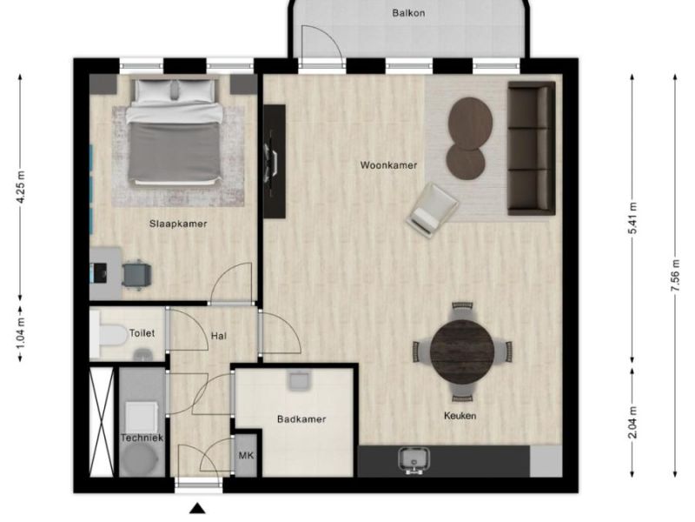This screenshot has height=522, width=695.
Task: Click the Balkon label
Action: [x=408, y=13]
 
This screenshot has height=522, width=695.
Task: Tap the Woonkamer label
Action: [x=388, y=165]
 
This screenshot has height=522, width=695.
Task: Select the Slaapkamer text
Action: [x=178, y=224]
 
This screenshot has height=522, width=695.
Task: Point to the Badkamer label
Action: [x=301, y=419]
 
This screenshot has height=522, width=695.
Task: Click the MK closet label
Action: [x=246, y=456]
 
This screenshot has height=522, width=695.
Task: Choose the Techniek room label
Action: [x=142, y=438]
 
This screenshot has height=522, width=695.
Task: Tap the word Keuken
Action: [x=460, y=416]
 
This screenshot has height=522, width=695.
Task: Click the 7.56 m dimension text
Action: [x=676, y=276]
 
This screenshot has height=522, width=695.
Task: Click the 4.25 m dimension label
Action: [x=20, y=187]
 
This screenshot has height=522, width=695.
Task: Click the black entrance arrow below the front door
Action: [x=198, y=509]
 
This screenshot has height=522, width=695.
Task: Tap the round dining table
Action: [x=462, y=351]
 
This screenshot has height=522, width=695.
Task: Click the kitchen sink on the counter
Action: [x=414, y=460]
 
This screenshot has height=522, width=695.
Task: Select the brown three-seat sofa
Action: [x=531, y=148]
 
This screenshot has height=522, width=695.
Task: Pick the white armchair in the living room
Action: [x=432, y=210]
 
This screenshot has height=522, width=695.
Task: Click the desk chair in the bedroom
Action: [x=136, y=274]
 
